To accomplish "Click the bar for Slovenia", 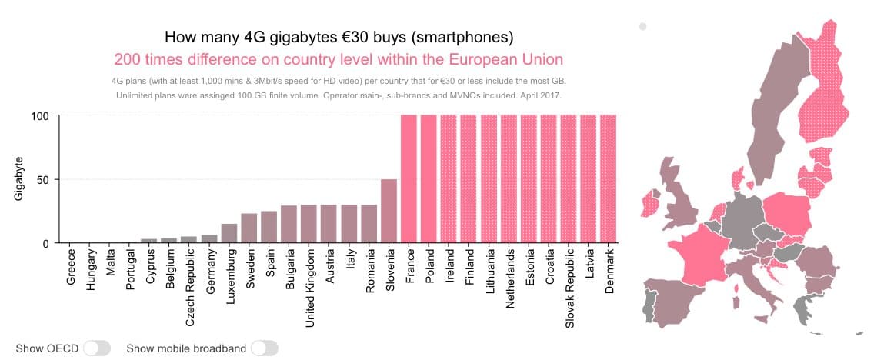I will point(389,212).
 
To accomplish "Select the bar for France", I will point(409,179).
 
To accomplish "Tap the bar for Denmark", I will point(609,179).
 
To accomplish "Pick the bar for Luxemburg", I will point(229,233).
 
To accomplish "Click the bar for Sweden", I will point(249,228).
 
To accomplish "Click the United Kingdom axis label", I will point(309,287).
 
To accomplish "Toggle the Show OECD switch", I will point(98,348).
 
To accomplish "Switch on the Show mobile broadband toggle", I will point(264,348).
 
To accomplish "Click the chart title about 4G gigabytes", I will point(339,37).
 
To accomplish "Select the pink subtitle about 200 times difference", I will point(339,59).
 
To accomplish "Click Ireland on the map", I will point(651,204).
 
